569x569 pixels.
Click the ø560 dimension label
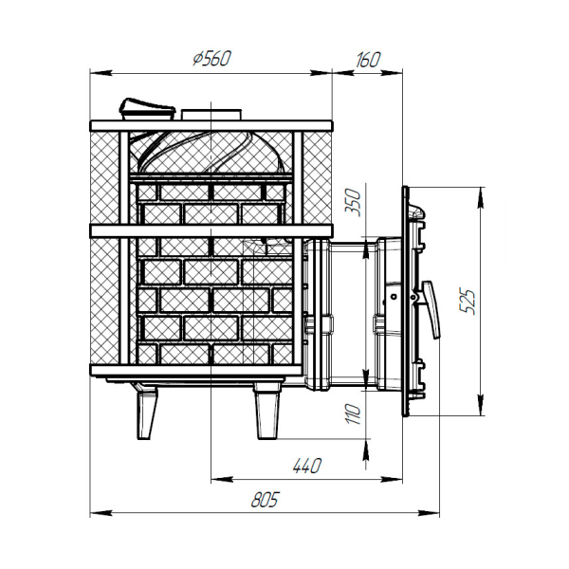[211, 59]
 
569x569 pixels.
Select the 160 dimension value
[367, 60]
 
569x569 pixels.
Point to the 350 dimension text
[353, 203]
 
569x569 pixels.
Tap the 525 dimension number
[467, 302]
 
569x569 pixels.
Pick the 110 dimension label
[353, 414]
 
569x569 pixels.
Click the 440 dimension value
[306, 466]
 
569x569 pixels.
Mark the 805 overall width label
[265, 500]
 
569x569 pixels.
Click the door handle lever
[431, 309]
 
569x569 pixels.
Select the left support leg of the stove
[146, 413]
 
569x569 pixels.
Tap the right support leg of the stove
[267, 413]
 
